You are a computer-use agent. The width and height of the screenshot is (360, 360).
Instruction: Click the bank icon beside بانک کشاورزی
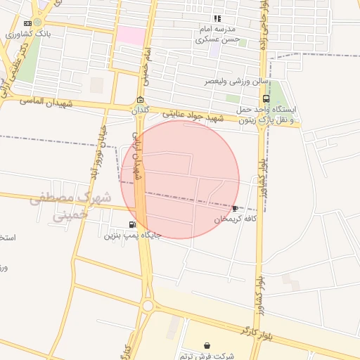(27, 23)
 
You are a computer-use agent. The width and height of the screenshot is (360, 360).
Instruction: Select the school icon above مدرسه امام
(217, 18)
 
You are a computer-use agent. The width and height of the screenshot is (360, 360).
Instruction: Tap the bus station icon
(265, 99)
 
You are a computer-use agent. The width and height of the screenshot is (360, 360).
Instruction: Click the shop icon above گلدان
(141, 99)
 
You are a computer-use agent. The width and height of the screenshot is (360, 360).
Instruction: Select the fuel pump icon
(132, 224)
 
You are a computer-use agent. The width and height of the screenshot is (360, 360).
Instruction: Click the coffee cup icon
(235, 208)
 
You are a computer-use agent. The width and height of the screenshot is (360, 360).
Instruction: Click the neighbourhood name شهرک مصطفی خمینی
(70, 206)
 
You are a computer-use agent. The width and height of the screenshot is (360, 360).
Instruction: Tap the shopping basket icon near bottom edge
(207, 345)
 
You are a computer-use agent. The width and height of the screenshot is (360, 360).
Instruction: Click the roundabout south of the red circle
(148, 305)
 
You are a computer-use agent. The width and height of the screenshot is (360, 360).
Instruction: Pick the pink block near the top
(131, 35)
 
